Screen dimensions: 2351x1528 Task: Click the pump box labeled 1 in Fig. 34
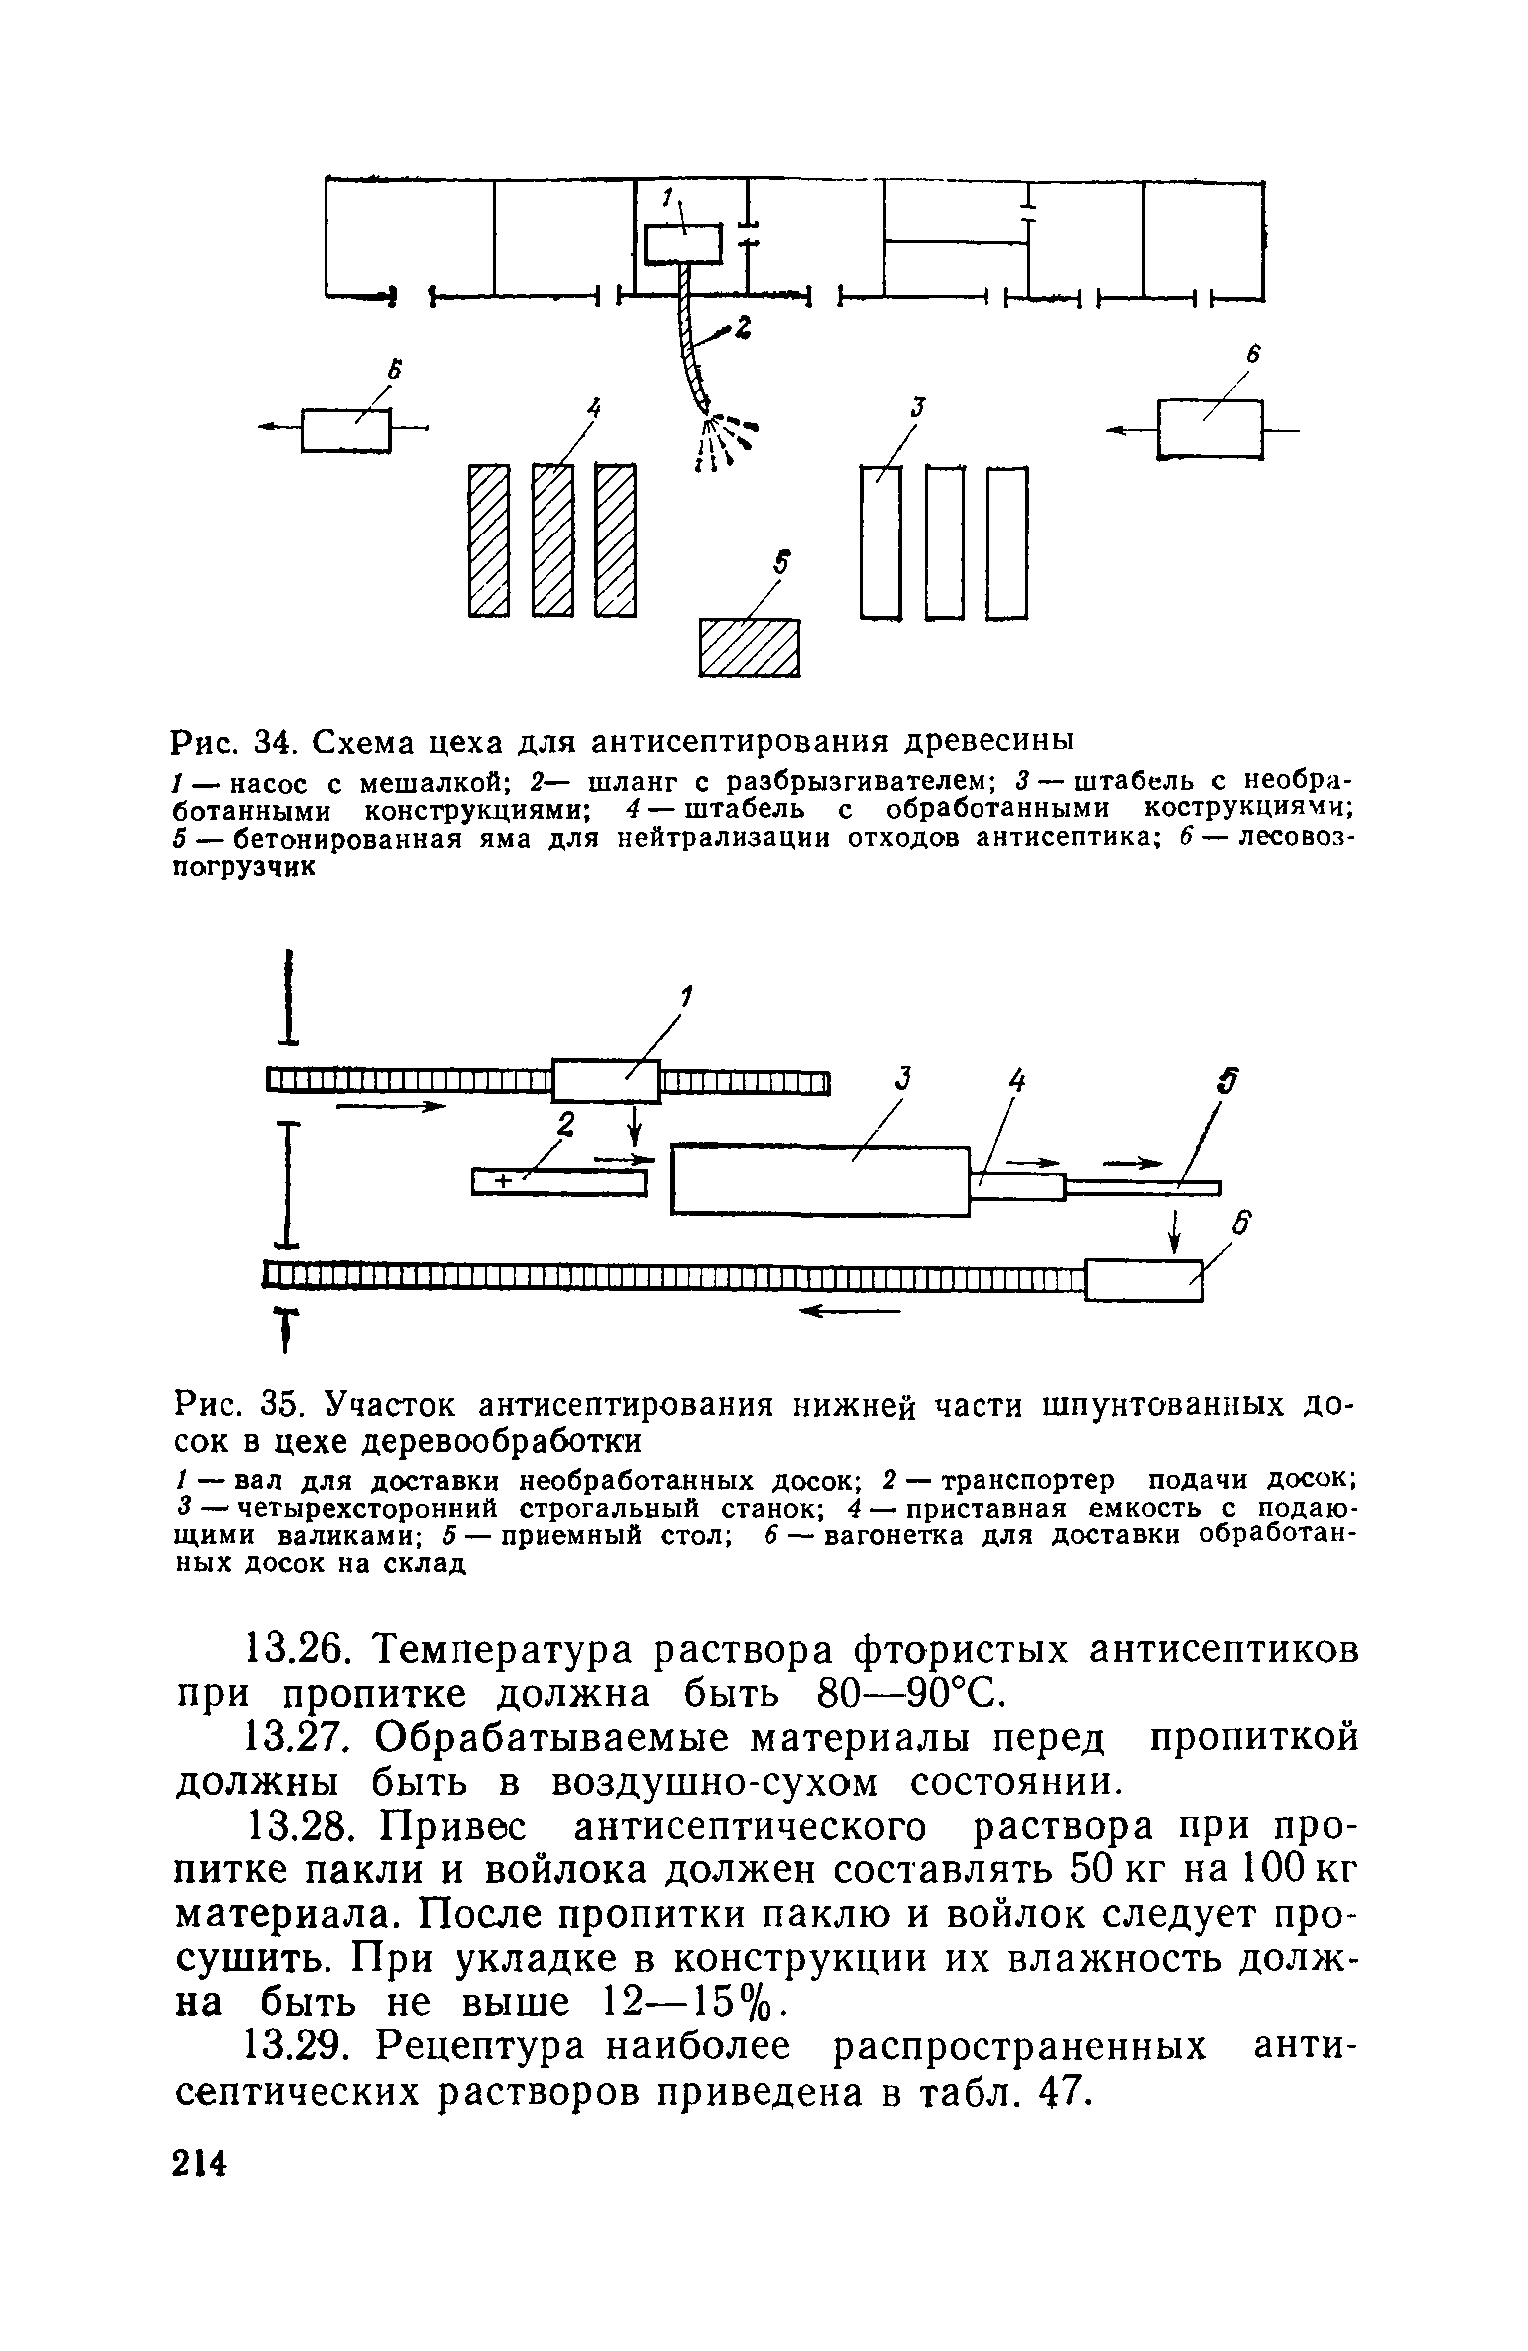pyautogui.click(x=683, y=244)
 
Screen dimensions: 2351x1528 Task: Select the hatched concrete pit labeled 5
pyautogui.click(x=750, y=648)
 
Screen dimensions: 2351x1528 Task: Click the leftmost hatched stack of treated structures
pyautogui.click(x=489, y=539)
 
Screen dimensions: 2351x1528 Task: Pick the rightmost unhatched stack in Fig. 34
pyautogui.click(x=1006, y=542)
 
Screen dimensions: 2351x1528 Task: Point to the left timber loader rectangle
pyautogui.click(x=343, y=430)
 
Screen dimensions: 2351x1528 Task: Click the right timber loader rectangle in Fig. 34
pyautogui.click(x=1209, y=429)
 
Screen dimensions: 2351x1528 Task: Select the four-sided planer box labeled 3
pyautogui.click(x=820, y=1180)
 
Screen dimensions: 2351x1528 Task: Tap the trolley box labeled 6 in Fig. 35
pyautogui.click(x=1144, y=1280)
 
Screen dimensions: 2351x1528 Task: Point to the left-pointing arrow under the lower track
pyautogui.click(x=848, y=1312)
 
